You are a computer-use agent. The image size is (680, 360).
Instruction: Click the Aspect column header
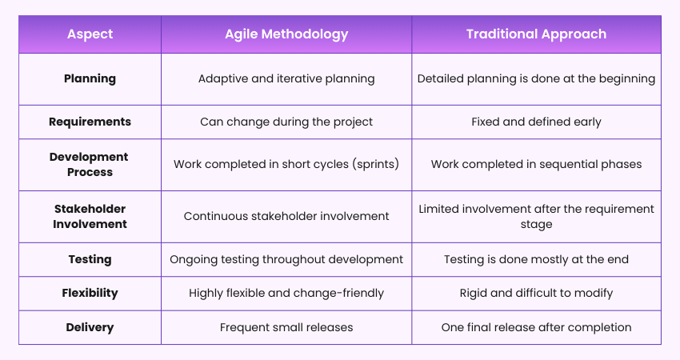90,34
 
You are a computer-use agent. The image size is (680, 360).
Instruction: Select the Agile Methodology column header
286,34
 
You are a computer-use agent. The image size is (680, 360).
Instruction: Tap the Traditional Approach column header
536,34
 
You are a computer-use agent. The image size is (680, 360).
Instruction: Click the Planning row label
90,78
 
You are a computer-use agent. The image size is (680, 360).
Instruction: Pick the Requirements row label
90,122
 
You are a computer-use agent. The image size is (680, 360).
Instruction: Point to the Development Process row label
90,164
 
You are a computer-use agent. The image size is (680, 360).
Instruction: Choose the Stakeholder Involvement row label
90,216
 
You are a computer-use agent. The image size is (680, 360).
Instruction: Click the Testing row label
90,259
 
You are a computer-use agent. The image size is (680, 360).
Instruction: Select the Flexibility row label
90,293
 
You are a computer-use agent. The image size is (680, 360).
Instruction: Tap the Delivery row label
90,327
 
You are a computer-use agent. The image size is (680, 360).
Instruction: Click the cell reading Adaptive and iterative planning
286,78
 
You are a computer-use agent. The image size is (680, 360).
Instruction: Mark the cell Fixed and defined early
536,122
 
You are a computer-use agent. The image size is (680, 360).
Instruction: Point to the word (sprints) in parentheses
374,164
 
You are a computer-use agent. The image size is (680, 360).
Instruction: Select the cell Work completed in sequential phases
536,164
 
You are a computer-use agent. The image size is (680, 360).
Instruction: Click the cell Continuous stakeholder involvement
286,216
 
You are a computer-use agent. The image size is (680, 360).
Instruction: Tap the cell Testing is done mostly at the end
536,259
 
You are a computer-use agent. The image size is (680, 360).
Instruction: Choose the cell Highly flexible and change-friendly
286,293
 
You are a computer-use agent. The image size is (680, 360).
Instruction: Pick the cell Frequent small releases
286,327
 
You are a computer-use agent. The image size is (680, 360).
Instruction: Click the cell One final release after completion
536,327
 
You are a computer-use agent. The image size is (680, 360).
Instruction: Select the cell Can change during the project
286,122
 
